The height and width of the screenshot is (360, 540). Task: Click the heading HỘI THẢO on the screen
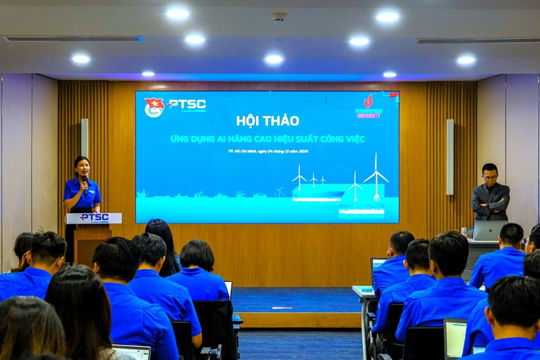(267, 120)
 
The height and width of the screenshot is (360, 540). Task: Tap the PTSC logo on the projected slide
(186, 104)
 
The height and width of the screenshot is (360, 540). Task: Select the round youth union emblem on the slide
(154, 107)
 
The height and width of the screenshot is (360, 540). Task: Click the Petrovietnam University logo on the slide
(368, 107)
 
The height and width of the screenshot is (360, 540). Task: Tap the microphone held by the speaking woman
(84, 182)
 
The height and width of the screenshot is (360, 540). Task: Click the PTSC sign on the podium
(93, 218)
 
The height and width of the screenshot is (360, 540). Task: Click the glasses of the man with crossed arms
(490, 177)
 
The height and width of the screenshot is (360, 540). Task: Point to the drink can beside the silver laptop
(464, 233)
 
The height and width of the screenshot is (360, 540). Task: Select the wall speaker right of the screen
(450, 157)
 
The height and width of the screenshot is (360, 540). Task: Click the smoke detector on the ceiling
(278, 17)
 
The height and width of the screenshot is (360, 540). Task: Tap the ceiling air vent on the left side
(73, 39)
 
